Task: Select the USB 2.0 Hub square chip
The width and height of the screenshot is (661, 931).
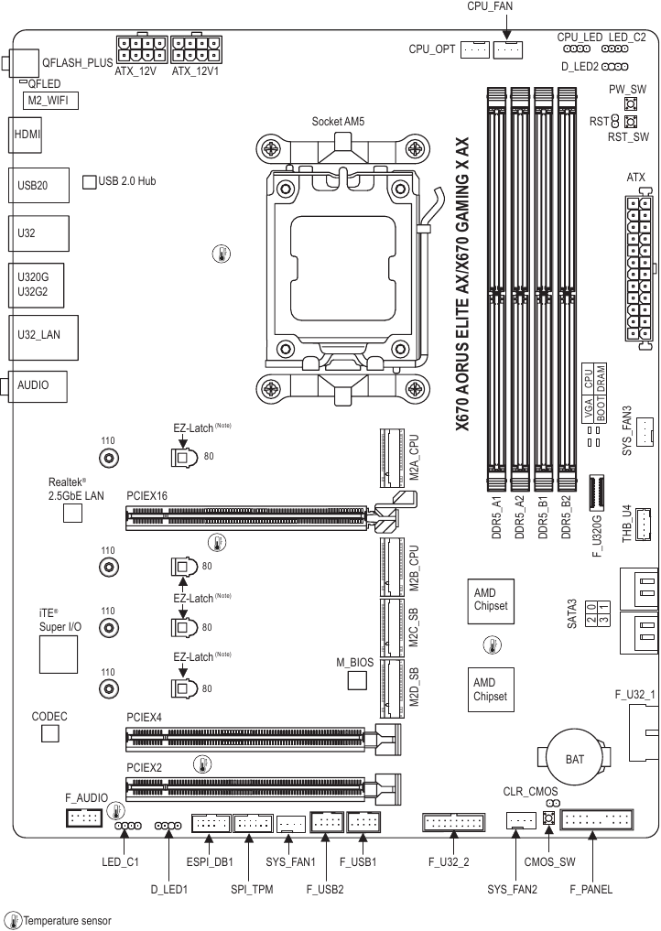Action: (90, 181)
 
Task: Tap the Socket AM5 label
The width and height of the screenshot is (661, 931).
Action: (338, 122)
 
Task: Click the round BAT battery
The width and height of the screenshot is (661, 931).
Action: (574, 759)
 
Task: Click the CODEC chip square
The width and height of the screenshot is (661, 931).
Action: (50, 733)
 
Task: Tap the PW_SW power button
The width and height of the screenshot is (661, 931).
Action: (630, 105)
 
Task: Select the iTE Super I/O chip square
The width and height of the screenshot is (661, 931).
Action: (59, 654)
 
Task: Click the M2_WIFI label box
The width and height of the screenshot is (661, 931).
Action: (49, 101)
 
